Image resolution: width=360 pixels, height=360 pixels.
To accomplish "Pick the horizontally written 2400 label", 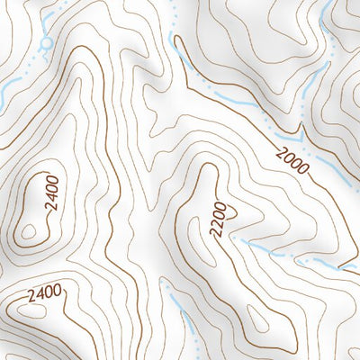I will pyautogui.click(x=44, y=292).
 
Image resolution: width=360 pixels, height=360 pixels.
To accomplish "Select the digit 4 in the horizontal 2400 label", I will pyautogui.click(x=40, y=292).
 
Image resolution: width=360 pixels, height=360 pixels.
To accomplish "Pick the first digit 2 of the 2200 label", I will pyautogui.click(x=218, y=234).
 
